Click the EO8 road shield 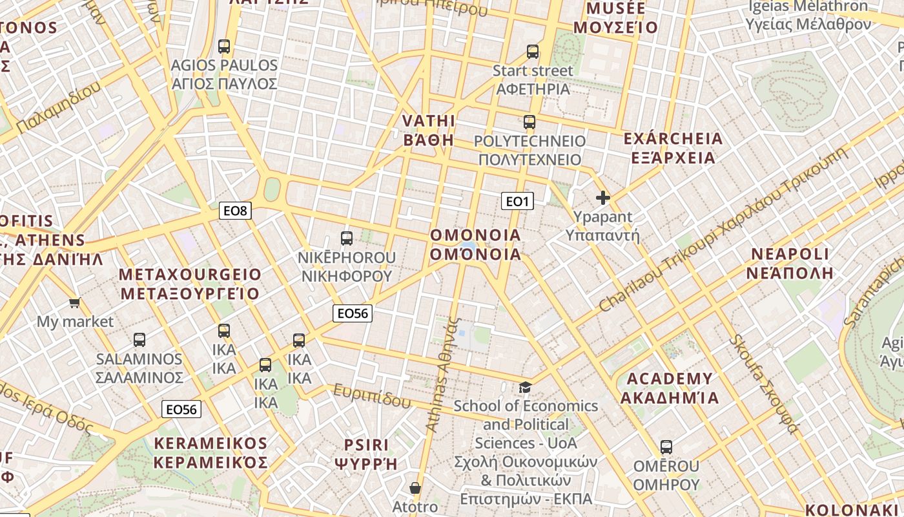pos(235,210)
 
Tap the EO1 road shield pos(517,202)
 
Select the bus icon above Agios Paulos pos(224,47)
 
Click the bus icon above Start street pos(533,52)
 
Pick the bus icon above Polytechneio pos(529,122)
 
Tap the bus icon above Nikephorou pos(347,238)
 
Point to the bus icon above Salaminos pos(139,340)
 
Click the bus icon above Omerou pos(666,447)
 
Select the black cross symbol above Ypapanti pos(603,198)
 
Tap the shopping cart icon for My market pos(75,302)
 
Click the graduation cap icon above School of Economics pos(526,387)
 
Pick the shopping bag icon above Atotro pos(415,488)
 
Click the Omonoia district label pos(475,244)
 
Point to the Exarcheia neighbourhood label pos(673,148)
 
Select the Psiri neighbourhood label pos(366,454)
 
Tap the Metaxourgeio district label pos(190,284)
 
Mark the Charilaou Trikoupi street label pos(723,229)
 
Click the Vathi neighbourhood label pos(429,131)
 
